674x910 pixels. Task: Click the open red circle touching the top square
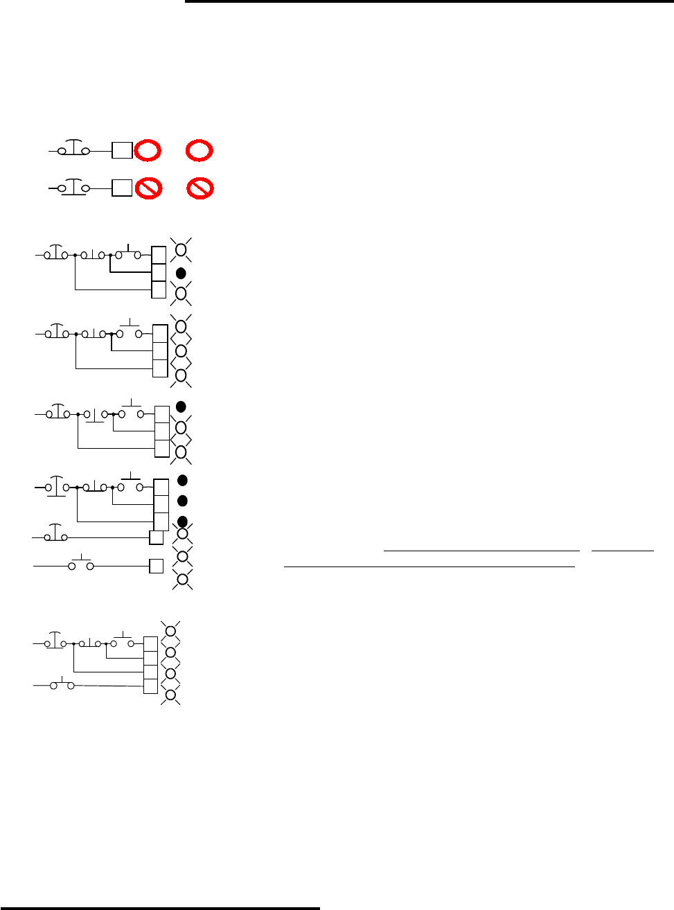point(148,150)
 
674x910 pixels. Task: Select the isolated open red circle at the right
point(199,150)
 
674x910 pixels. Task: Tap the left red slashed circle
point(148,188)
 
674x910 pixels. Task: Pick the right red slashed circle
point(200,188)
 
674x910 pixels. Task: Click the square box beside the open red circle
point(122,150)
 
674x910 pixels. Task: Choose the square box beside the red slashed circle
point(122,188)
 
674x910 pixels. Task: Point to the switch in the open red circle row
point(73,150)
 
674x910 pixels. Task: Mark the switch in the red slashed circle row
point(73,188)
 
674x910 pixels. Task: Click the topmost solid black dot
point(181,273)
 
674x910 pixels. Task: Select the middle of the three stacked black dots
point(183,501)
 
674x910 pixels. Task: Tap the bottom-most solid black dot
point(183,521)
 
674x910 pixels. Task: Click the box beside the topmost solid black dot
point(159,272)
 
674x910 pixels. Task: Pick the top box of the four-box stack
point(150,644)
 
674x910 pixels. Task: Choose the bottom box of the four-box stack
point(150,686)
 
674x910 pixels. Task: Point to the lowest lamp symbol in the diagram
point(170,695)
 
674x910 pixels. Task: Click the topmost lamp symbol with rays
point(181,249)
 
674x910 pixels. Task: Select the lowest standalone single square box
point(157,566)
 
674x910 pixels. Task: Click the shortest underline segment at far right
point(624,550)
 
